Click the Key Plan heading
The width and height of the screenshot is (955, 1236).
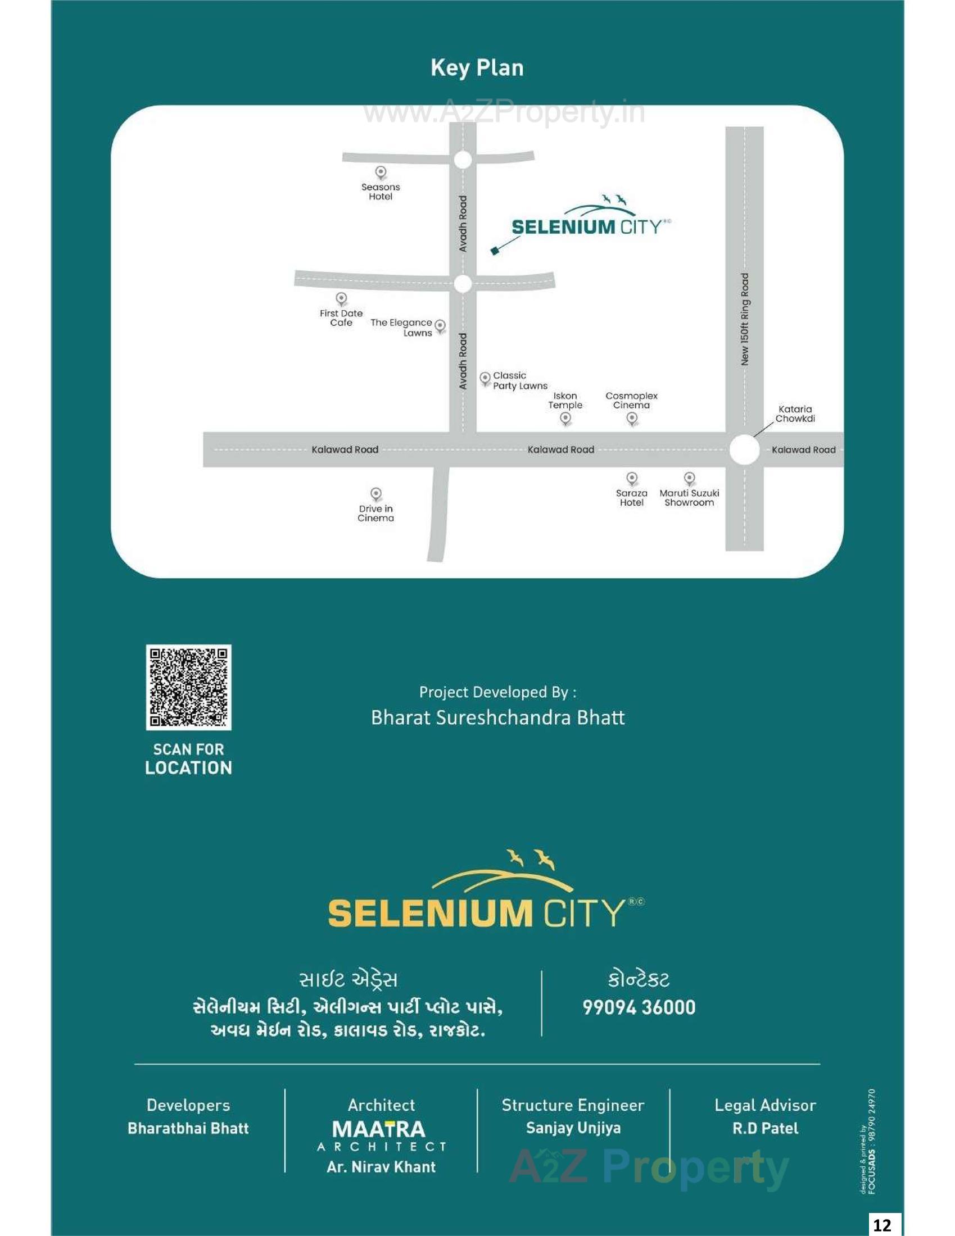tap(477, 68)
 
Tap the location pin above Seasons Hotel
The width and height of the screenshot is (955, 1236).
tap(381, 172)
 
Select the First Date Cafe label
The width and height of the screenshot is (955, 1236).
tap(341, 318)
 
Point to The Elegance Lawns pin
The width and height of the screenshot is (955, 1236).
tap(440, 326)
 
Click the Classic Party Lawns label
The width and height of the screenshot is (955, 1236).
tap(520, 381)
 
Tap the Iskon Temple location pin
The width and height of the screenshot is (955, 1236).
tap(565, 419)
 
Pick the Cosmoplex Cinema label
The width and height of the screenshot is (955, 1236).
tap(631, 401)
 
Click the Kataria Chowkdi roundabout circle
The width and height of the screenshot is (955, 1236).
tap(744, 450)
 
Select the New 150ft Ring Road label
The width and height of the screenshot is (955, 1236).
tap(745, 320)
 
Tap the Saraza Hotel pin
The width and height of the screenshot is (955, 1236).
tap(632, 479)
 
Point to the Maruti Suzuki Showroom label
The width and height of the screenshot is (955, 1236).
tap(689, 498)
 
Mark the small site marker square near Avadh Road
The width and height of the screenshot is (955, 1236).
tap(495, 250)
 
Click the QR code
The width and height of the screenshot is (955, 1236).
tap(188, 687)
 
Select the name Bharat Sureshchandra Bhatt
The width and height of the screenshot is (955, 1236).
tap(497, 717)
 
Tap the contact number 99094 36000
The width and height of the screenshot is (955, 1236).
tap(639, 1007)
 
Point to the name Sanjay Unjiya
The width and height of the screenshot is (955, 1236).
tap(573, 1129)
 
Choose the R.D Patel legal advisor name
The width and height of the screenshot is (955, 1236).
tap(765, 1129)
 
